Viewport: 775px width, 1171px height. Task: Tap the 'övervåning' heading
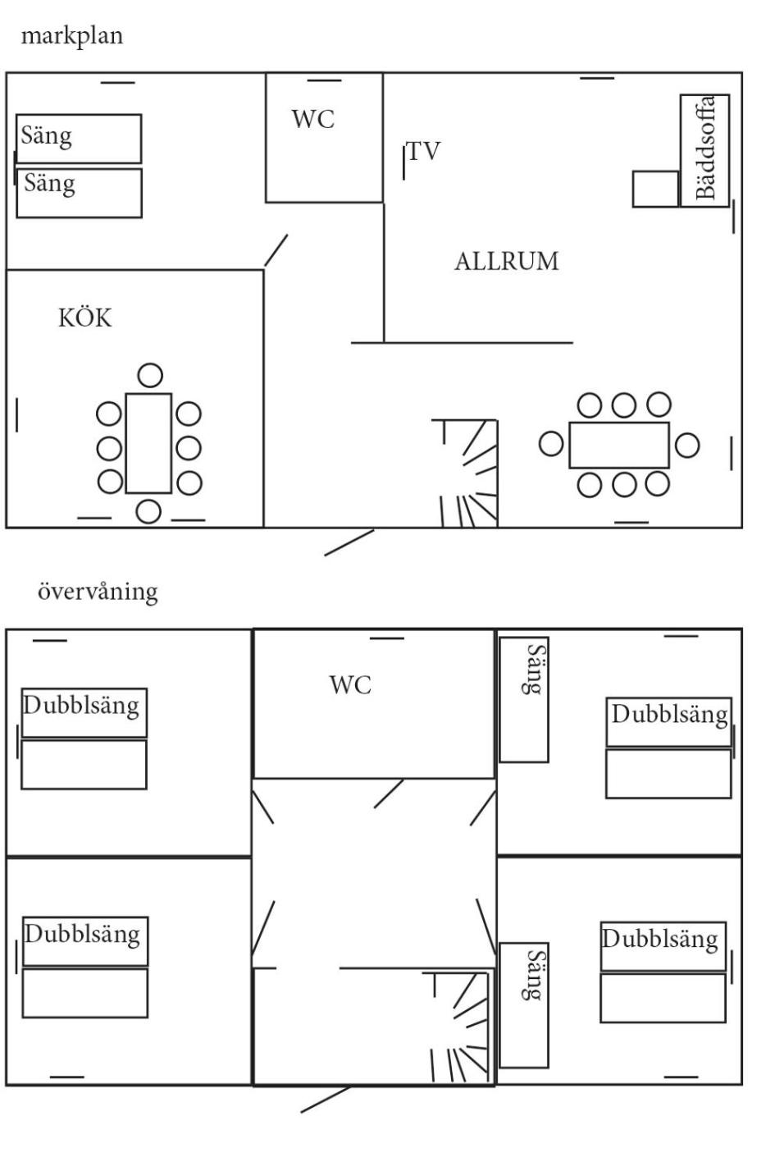(98, 592)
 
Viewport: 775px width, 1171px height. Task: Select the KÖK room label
(84, 318)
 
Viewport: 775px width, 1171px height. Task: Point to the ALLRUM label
(507, 262)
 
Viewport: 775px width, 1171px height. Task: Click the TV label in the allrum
(424, 152)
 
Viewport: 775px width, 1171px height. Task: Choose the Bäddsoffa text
(705, 148)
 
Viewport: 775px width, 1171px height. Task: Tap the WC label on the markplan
(313, 119)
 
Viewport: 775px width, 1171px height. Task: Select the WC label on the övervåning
(351, 685)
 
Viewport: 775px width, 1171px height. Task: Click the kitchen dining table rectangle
(149, 443)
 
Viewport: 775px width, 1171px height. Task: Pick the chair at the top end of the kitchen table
(150, 375)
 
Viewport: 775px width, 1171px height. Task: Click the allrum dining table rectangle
(619, 445)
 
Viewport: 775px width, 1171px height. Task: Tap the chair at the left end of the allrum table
(551, 444)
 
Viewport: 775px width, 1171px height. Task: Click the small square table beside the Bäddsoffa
(656, 189)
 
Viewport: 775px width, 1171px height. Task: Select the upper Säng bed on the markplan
(79, 139)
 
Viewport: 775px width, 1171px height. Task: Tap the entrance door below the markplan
(349, 542)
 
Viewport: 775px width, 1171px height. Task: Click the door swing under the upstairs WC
(389, 794)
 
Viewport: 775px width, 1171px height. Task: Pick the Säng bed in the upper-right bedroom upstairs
(524, 699)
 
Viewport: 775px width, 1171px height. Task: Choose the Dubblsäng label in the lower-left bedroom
(83, 934)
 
